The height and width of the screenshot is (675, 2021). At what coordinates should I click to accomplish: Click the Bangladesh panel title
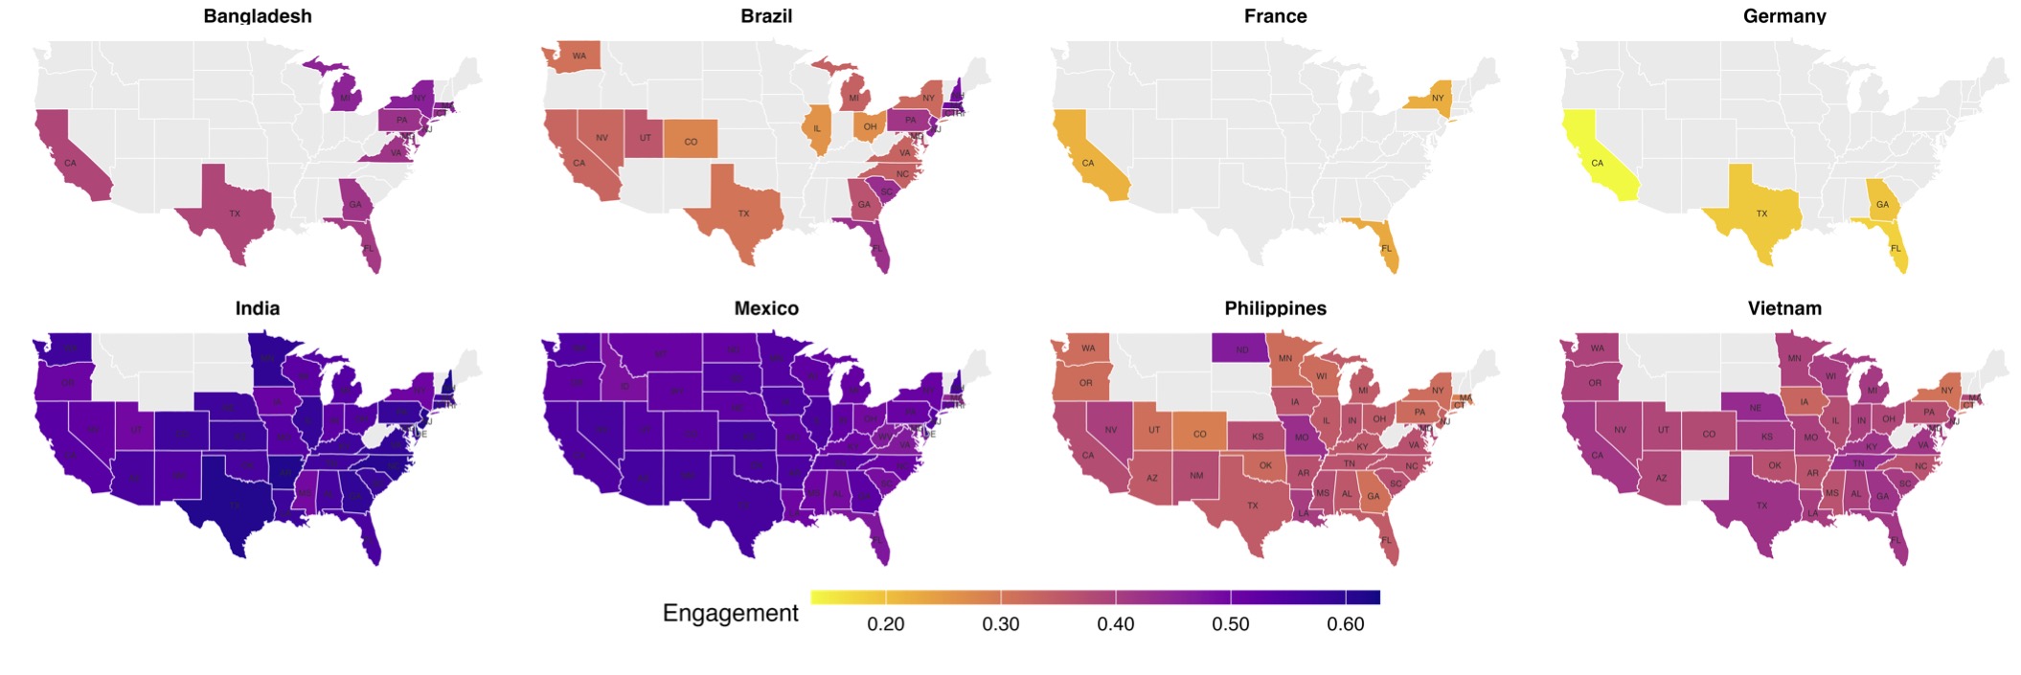tap(257, 16)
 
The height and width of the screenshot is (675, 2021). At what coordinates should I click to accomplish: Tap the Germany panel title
tap(1783, 16)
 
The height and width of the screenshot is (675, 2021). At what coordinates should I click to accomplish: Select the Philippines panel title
tap(1275, 308)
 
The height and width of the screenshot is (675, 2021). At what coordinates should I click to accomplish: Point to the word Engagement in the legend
tap(730, 613)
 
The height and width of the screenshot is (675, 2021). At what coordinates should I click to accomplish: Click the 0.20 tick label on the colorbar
tap(885, 624)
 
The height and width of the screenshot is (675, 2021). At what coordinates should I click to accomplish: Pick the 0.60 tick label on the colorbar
tap(1345, 624)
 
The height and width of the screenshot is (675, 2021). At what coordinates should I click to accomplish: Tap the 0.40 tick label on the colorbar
tap(1115, 624)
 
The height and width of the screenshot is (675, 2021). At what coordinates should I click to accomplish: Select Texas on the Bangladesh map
tap(235, 214)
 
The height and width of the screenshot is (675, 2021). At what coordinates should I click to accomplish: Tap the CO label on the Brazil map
tap(691, 142)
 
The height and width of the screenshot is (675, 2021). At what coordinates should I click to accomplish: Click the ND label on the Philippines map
tap(1241, 349)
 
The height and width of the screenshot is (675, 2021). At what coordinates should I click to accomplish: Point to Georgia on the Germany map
tap(1881, 203)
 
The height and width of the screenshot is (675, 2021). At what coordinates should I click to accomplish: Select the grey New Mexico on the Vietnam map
tap(1706, 476)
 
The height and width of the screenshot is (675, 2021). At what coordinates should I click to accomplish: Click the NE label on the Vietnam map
tap(1755, 408)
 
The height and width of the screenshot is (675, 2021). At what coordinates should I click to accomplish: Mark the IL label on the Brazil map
tap(817, 129)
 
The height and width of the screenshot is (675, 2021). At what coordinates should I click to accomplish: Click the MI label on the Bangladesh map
tap(345, 98)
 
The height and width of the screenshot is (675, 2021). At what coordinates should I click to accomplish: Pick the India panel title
tap(257, 308)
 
